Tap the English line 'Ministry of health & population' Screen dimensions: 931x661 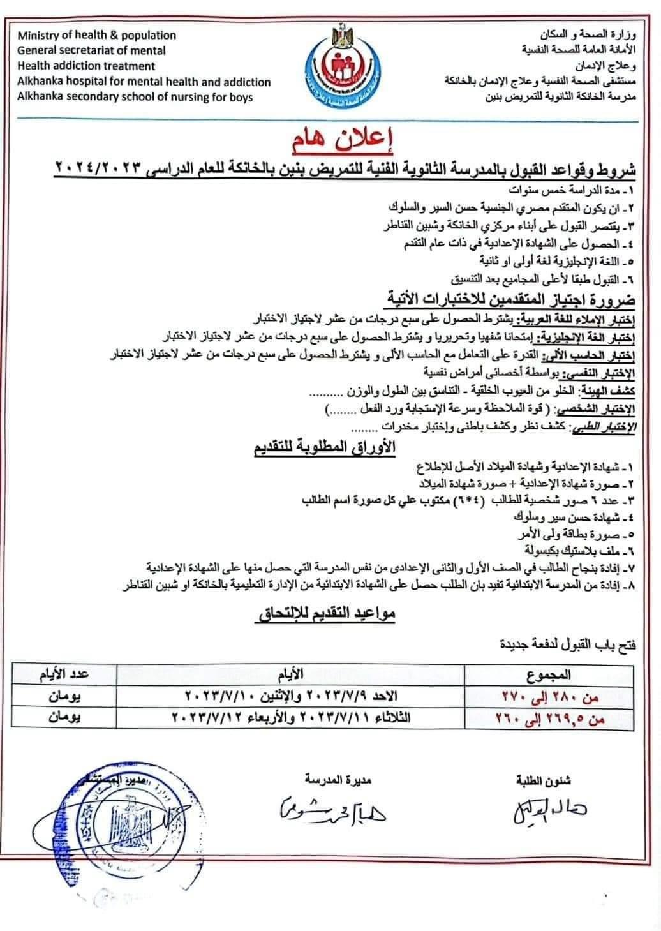[x=97, y=35]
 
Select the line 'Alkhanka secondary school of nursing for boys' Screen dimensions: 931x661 [x=135, y=98]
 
